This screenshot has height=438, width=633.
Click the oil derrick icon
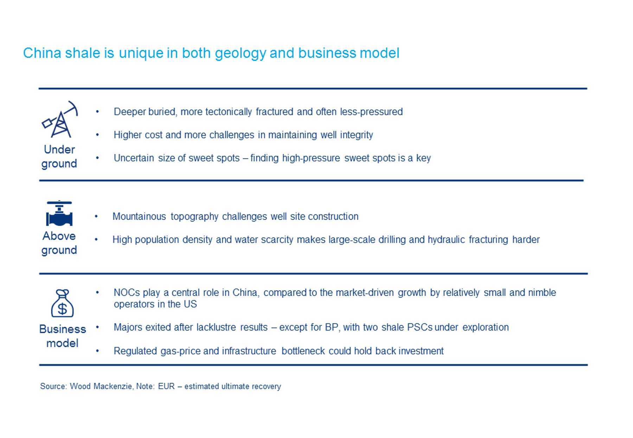[x=60, y=120]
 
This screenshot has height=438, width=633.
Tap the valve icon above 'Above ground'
[x=59, y=213]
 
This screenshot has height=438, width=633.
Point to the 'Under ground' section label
[x=59, y=156]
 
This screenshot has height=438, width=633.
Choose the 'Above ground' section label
[x=59, y=243]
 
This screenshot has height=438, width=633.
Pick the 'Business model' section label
[x=63, y=336]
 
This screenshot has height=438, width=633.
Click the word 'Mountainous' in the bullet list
[x=139, y=217]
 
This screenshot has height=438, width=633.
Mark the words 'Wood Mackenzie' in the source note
[x=101, y=386]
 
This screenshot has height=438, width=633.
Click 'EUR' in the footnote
[x=166, y=386]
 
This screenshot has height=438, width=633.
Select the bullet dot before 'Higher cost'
[x=97, y=135]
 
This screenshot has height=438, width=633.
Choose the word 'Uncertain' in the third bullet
[x=134, y=158]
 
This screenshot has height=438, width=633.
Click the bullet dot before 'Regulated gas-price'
[x=97, y=351]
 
